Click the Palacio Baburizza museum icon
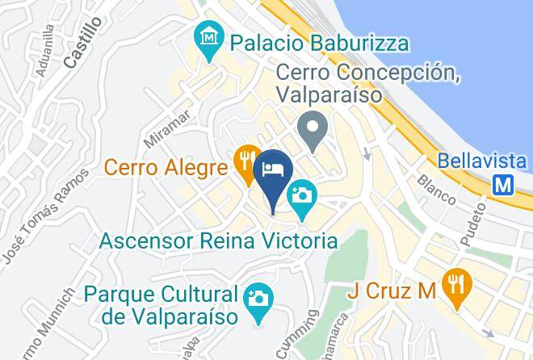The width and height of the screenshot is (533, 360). coord(209,39)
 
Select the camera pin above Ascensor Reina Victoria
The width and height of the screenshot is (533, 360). coord(302,197)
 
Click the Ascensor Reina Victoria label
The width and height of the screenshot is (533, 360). coord(218,240)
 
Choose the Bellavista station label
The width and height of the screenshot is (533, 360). coord(481,159)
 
